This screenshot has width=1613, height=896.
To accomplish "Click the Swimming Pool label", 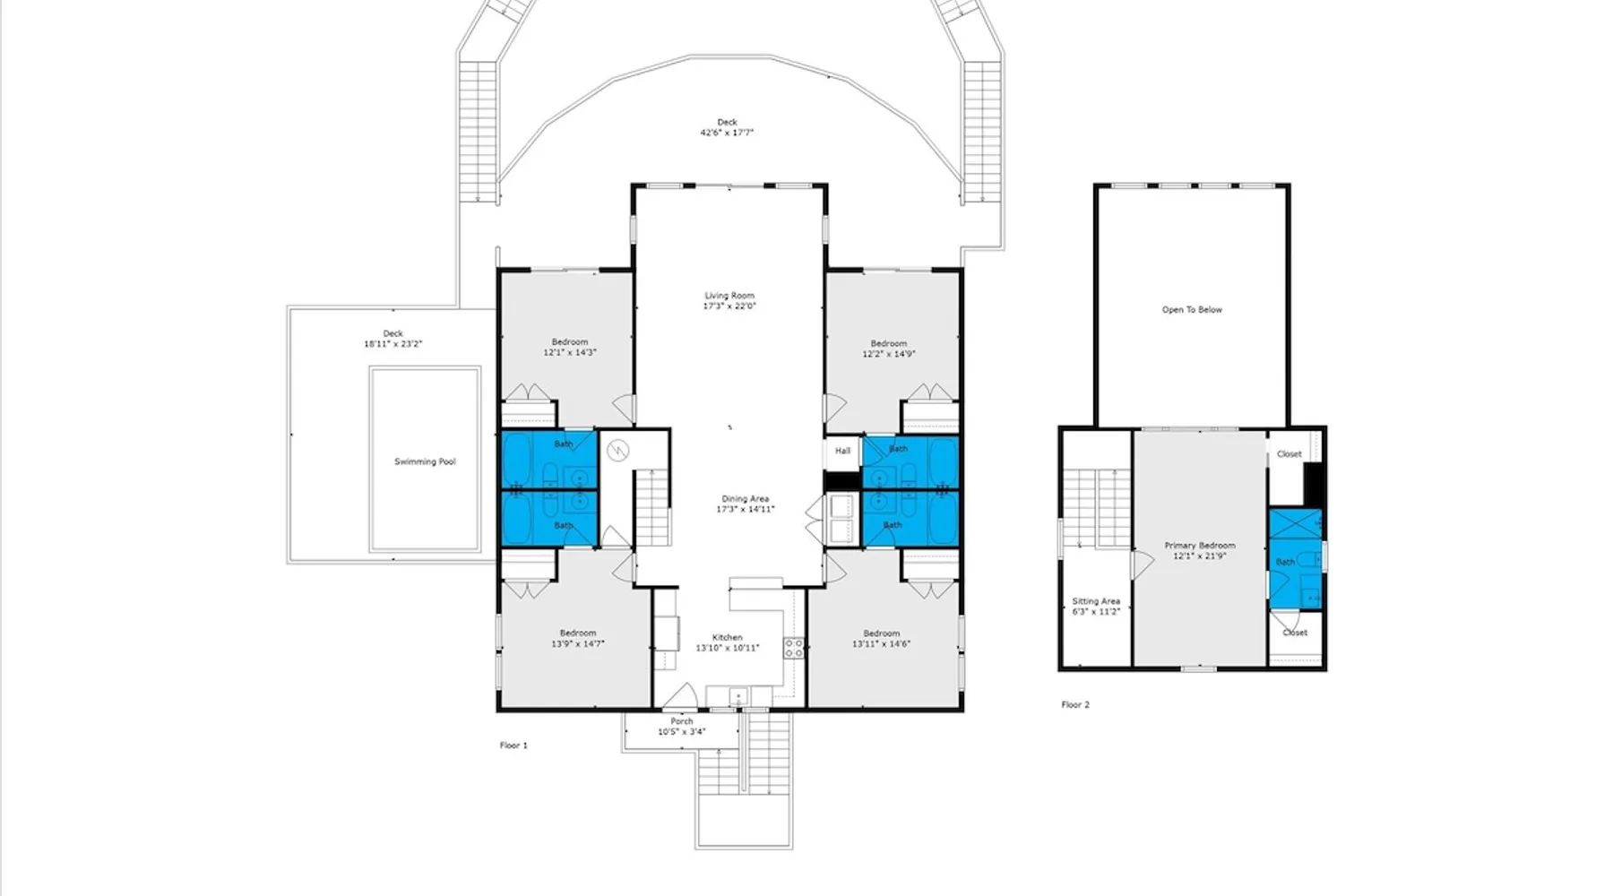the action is click(425, 462).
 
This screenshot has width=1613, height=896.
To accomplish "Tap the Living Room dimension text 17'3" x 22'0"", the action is click(729, 306).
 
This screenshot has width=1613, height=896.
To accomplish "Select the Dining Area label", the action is click(746, 499).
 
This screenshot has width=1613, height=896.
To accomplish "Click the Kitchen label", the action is click(728, 638).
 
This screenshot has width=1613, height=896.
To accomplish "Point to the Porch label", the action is click(682, 721).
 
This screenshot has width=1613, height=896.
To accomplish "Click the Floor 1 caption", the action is click(513, 745).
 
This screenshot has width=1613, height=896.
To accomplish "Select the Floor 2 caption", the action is click(1075, 705).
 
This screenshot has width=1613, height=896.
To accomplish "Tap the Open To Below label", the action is click(1192, 310).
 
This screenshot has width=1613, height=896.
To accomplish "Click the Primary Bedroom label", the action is click(1200, 546).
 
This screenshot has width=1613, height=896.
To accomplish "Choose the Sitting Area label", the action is click(1096, 602).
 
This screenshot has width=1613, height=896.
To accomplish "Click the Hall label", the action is click(843, 451).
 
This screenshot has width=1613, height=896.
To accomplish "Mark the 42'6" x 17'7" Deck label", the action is click(727, 123).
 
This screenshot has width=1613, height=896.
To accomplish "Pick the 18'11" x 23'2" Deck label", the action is click(392, 334).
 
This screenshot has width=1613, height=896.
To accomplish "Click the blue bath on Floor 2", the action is click(1295, 559).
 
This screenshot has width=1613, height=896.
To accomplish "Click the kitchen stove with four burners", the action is click(794, 647).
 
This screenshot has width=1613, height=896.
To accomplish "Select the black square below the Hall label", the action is click(842, 481).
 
